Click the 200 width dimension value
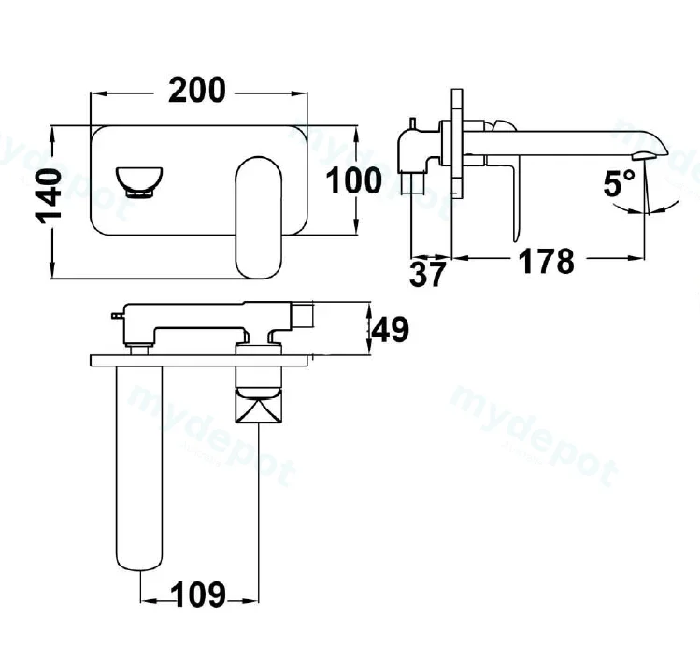tap(197, 91)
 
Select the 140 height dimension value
tap(49, 195)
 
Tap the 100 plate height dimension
tap(354, 180)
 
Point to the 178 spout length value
tap(547, 261)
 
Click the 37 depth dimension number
tap(427, 273)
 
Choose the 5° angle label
tap(619, 183)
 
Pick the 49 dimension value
tap(391, 329)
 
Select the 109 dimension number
tap(198, 595)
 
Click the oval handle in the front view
tap(259, 218)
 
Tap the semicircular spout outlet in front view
tap(139, 181)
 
